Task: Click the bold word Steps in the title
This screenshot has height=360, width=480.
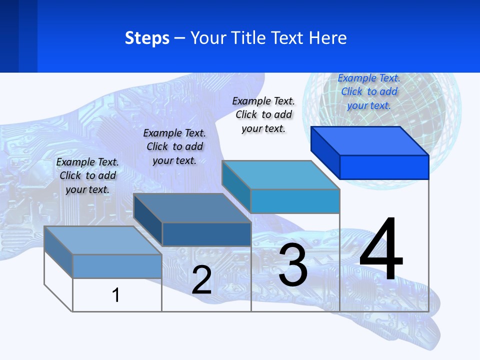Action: tap(147, 38)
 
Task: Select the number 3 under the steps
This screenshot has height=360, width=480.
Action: tap(293, 265)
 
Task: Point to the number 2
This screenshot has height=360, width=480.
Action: tap(201, 280)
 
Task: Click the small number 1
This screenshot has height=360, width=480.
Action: tap(116, 295)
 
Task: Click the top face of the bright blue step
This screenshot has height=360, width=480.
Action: tap(370, 140)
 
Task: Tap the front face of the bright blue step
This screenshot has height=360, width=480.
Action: tap(384, 167)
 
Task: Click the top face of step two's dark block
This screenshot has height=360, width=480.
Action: tap(192, 208)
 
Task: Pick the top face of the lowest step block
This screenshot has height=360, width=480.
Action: tap(103, 240)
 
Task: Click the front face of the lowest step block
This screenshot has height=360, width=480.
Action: tap(117, 266)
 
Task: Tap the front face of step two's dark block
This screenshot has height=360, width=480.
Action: tap(206, 234)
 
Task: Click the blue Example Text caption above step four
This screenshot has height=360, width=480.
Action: tap(369, 91)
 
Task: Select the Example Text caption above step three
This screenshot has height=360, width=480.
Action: tap(263, 114)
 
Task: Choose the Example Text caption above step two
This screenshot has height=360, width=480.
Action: tap(174, 146)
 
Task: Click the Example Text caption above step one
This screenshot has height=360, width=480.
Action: tap(87, 175)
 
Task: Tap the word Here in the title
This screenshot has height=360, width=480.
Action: tap(328, 38)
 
